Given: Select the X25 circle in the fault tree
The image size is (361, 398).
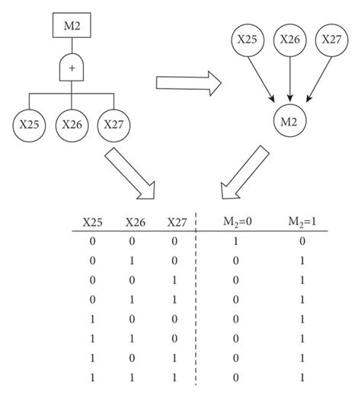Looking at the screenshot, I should pyautogui.click(x=28, y=123).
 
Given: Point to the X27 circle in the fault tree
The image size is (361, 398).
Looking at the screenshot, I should pyautogui.click(x=113, y=123).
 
